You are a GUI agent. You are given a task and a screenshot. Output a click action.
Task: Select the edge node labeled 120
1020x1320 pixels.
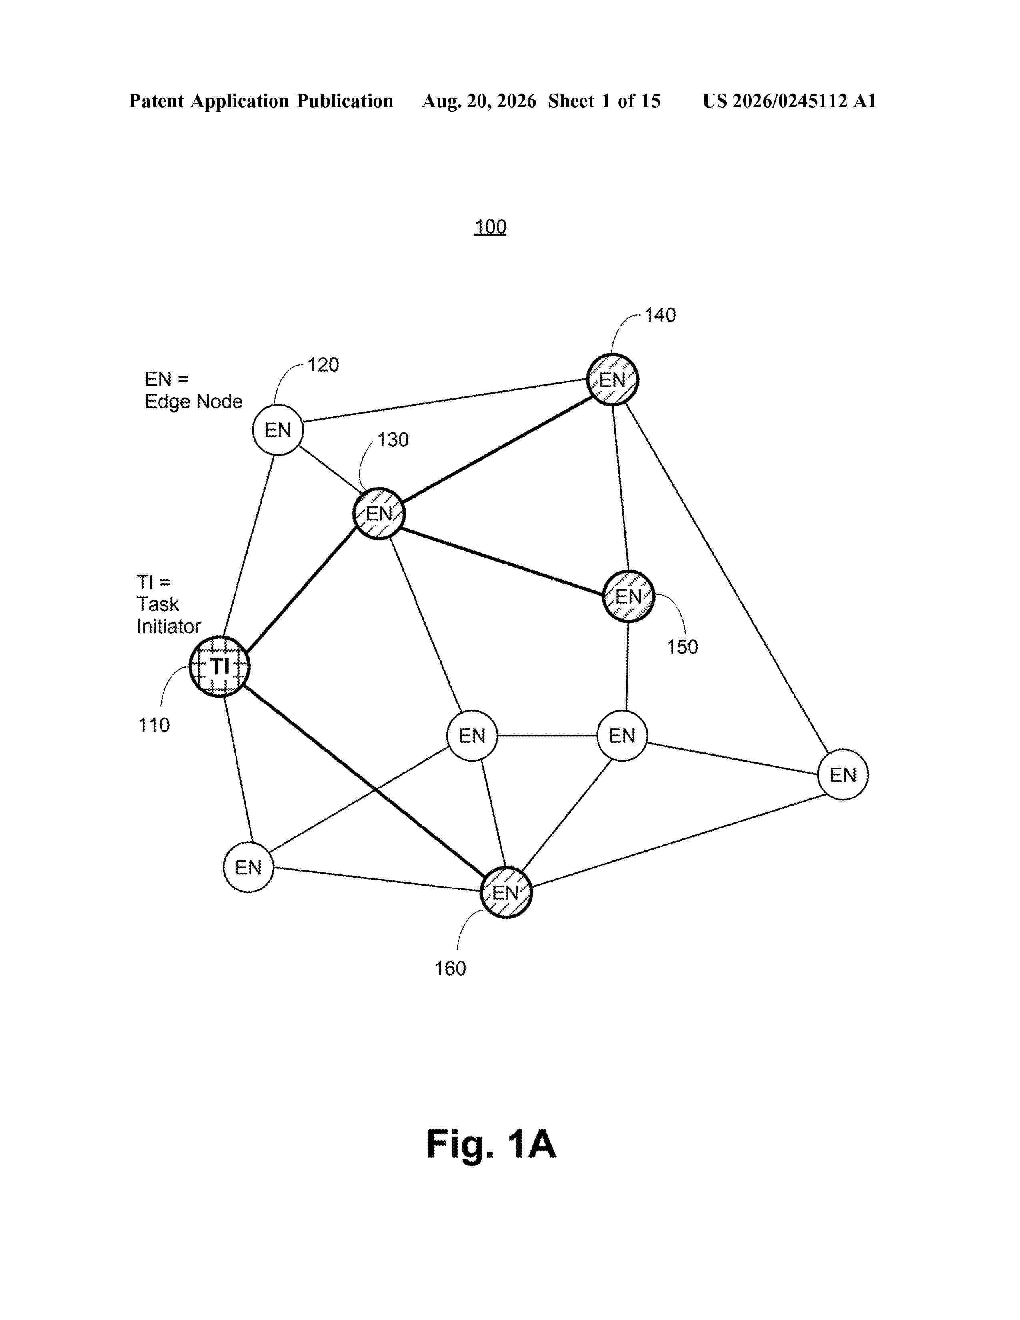277,430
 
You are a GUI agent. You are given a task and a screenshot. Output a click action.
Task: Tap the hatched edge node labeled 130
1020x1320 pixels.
379,513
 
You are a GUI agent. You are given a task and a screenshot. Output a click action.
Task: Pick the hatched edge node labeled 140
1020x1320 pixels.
612,380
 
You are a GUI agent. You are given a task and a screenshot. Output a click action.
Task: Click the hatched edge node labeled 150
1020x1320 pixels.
628,596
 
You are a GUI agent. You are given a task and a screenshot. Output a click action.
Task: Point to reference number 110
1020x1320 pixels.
154,725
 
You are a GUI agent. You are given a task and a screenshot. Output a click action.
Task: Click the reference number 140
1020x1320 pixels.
660,315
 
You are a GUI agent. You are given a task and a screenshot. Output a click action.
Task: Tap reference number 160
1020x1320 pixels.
450,968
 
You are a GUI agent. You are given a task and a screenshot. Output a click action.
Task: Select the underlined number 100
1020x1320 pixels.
490,227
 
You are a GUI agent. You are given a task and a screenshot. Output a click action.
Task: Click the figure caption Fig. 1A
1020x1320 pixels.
491,1144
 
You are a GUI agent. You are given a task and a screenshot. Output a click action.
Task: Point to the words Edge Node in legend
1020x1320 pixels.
193,401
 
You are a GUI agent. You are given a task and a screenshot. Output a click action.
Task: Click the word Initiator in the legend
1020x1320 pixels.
168,626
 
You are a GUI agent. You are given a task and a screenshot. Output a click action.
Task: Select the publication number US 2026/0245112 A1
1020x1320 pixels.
789,101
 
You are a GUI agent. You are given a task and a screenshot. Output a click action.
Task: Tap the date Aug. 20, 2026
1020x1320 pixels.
478,101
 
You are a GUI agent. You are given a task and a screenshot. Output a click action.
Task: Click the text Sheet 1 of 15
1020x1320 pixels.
604,101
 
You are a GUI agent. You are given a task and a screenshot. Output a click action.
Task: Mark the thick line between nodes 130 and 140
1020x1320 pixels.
496,447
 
